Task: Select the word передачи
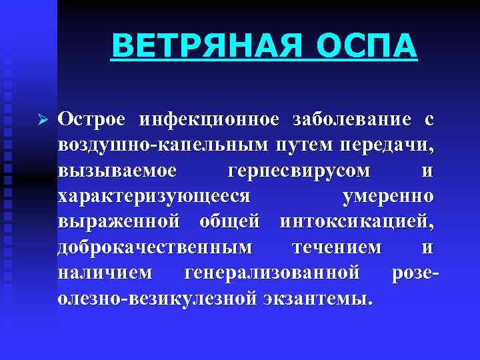[x=387, y=145]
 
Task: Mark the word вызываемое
[x=117, y=171]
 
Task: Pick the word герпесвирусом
[x=299, y=171]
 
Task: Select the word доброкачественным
[x=155, y=247]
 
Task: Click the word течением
[x=337, y=247]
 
